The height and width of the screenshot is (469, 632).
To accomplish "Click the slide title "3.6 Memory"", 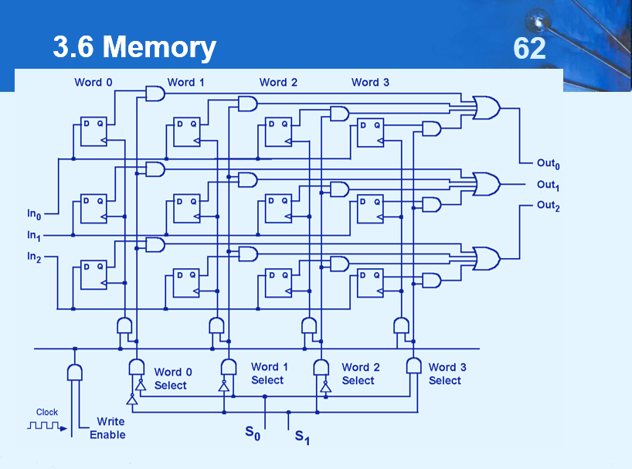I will (x=134, y=48).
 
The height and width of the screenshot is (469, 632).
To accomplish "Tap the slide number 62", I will (x=529, y=49).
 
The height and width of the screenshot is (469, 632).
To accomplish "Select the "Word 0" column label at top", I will (x=93, y=83).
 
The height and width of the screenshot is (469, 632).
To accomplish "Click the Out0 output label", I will (x=547, y=163).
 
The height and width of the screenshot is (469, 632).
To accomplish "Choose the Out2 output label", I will (x=547, y=206).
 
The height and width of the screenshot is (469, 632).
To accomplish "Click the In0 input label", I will (x=34, y=213).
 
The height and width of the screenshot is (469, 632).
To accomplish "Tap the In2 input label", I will (x=34, y=256).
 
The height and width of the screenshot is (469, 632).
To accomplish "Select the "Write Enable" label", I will (x=108, y=428).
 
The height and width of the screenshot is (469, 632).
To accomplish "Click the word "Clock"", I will (x=47, y=413).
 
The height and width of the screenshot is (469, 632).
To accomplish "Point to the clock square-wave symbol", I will (x=47, y=426).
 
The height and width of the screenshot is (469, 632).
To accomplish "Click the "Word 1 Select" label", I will (x=269, y=373).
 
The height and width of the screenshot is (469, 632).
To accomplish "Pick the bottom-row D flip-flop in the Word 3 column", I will (x=370, y=283).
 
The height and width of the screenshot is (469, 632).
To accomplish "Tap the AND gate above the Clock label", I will (x=75, y=372).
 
